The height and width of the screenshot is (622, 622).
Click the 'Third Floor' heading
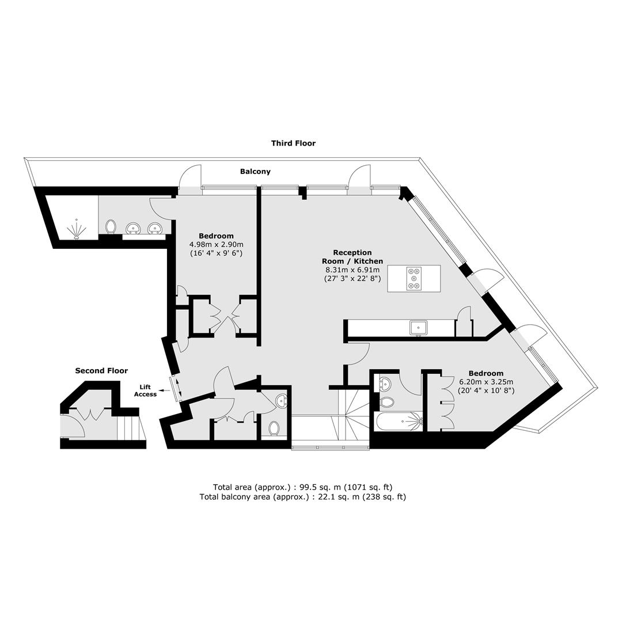[x=293, y=143]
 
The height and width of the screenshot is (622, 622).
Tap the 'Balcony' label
[x=255, y=172]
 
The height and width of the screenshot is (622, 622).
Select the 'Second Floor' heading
[x=101, y=371]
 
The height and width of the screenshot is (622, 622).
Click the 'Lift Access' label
[x=145, y=390]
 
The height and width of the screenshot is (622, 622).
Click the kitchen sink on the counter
[x=419, y=328]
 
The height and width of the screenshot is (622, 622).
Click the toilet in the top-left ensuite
[x=111, y=227]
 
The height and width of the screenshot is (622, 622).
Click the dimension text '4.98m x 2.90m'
[x=216, y=244]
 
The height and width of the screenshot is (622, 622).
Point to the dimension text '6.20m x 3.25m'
[x=486, y=382]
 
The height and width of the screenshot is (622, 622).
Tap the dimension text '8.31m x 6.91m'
[x=352, y=270]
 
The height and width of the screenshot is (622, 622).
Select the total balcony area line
[x=302, y=496]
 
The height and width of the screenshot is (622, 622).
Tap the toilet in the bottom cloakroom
[x=275, y=428]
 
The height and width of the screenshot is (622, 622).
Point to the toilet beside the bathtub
[x=387, y=401]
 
